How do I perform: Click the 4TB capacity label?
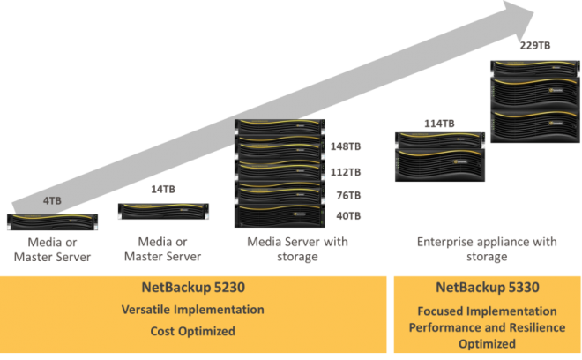[52, 200]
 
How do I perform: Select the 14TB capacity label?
[159, 189]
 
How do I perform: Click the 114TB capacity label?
[437, 123]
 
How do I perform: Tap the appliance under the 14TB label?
[161, 211]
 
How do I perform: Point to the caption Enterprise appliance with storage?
[486, 249]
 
